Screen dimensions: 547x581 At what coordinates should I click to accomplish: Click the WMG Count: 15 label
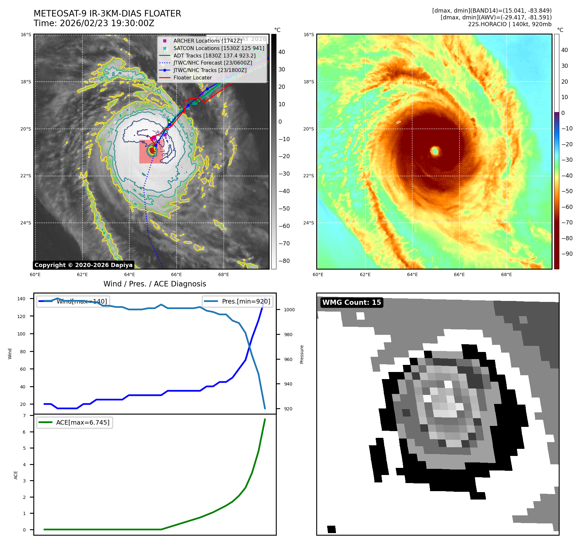pyautogui.click(x=351, y=303)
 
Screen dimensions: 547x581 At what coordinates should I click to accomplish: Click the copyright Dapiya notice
pyautogui.click(x=83, y=265)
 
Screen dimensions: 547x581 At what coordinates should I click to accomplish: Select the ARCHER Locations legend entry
pyautogui.click(x=207, y=41)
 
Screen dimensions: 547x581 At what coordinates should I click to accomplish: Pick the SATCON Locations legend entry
pyautogui.click(x=219, y=48)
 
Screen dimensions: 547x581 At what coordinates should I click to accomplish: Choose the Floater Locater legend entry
pyautogui.click(x=192, y=77)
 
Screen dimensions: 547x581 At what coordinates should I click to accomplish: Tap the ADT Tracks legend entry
pyautogui.click(x=214, y=56)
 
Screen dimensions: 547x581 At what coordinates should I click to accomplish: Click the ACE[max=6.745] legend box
pyautogui.click(x=75, y=422)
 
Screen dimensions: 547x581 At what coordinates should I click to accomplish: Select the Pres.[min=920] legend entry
pyautogui.click(x=238, y=301)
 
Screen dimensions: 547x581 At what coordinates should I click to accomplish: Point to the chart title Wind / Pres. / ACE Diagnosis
pyautogui.click(x=155, y=284)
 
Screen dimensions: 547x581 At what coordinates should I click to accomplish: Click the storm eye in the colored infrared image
pyautogui.click(x=435, y=151)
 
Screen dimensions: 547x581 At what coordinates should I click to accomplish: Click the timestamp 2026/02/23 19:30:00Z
pyautogui.click(x=107, y=23)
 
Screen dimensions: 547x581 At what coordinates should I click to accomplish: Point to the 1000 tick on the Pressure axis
pyautogui.click(x=289, y=310)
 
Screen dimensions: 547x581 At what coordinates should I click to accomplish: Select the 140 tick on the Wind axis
pyautogui.click(x=21, y=299)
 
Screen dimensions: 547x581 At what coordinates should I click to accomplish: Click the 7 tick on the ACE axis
pyautogui.click(x=24, y=416)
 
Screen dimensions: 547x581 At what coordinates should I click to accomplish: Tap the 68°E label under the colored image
pyautogui.click(x=506, y=274)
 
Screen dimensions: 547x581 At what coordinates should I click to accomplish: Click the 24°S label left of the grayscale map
pyautogui.click(x=26, y=223)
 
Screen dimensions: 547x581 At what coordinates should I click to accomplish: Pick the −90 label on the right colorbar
pyautogui.click(x=567, y=254)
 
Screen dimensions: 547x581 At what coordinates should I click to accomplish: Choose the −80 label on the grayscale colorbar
pyautogui.click(x=284, y=261)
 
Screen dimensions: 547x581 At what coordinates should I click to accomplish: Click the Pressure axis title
pyautogui.click(x=302, y=354)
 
